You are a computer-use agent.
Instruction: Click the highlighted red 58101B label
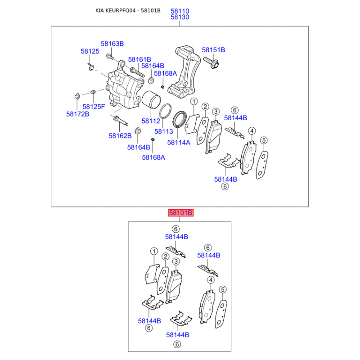click(x=181, y=213)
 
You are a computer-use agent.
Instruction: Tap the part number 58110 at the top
click(x=180, y=11)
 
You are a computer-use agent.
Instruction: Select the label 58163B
click(x=112, y=44)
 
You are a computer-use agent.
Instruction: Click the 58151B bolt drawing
click(x=211, y=62)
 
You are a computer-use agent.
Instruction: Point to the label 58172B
click(x=77, y=114)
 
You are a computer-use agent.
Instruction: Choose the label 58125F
click(x=94, y=107)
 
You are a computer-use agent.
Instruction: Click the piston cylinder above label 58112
click(x=151, y=99)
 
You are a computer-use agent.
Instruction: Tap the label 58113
click(x=163, y=131)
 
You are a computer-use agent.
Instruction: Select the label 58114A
click(x=179, y=143)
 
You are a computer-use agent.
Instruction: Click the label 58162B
click(x=120, y=136)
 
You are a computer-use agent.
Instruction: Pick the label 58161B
click(x=139, y=59)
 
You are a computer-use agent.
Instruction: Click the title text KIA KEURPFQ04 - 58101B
click(x=128, y=10)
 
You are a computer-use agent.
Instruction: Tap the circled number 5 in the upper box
click(x=264, y=140)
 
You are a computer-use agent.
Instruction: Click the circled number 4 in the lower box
click(x=211, y=280)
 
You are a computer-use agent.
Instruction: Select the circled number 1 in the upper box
click(x=194, y=102)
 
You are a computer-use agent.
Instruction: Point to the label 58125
click(x=90, y=51)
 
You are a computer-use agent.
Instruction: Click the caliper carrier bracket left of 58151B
click(x=184, y=72)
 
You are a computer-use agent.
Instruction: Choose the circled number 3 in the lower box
click(x=176, y=261)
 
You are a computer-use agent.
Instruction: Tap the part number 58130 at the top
click(x=180, y=17)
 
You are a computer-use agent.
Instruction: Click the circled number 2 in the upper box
click(x=205, y=107)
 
